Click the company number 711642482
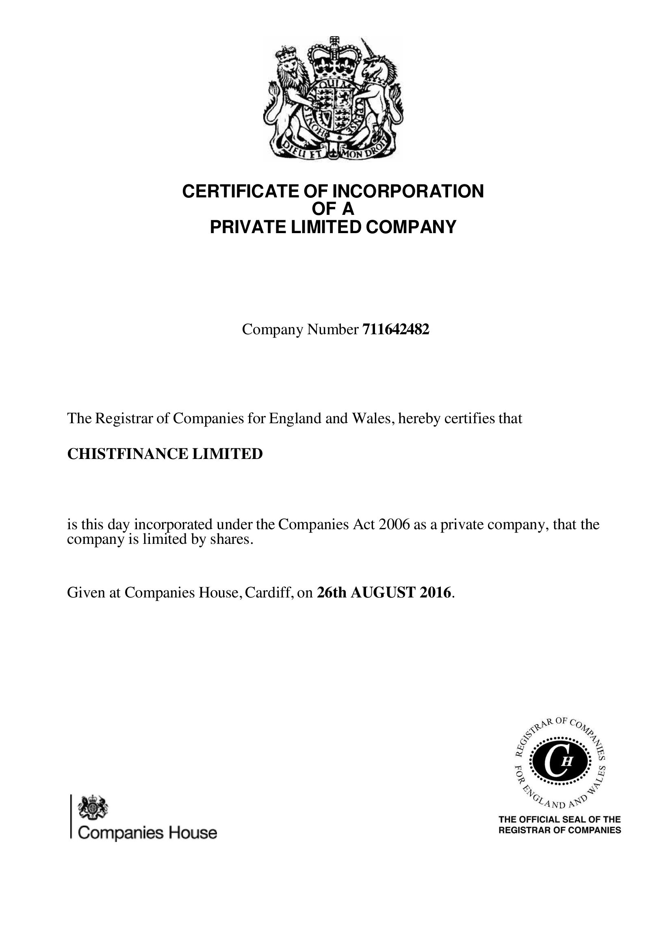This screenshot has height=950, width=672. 396,329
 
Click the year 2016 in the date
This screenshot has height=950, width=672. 435,593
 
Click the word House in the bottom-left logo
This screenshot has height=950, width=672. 193,833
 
